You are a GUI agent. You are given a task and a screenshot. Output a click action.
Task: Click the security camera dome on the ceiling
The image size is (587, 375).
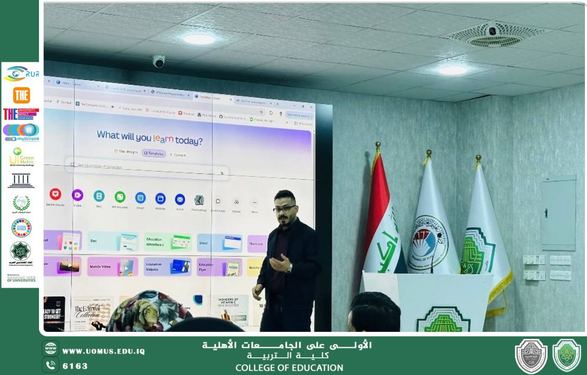[158, 61]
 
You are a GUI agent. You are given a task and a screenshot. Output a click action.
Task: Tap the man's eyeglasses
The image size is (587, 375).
[285, 208]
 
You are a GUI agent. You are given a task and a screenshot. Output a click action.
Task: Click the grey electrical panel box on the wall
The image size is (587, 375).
[558, 213]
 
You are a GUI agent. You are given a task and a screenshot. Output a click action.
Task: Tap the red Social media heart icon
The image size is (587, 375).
[55, 195]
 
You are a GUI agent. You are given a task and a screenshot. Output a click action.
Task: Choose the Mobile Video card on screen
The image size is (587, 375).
[112, 266]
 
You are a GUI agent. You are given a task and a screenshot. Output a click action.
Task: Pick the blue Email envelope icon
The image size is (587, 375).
[180, 198]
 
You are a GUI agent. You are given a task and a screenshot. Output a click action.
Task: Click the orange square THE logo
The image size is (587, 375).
[21, 95]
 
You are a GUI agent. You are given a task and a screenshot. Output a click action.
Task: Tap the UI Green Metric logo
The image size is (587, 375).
[21, 157]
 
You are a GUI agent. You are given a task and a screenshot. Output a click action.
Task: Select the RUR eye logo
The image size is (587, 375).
[21, 73]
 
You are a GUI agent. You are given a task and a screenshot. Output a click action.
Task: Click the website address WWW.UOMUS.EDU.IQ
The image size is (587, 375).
[103, 351]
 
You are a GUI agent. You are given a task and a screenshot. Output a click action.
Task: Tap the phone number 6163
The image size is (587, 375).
[75, 366]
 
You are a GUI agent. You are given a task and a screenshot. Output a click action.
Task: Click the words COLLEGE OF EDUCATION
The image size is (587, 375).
[289, 368]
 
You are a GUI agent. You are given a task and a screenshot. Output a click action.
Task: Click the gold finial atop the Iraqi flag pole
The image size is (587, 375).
[378, 146]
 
